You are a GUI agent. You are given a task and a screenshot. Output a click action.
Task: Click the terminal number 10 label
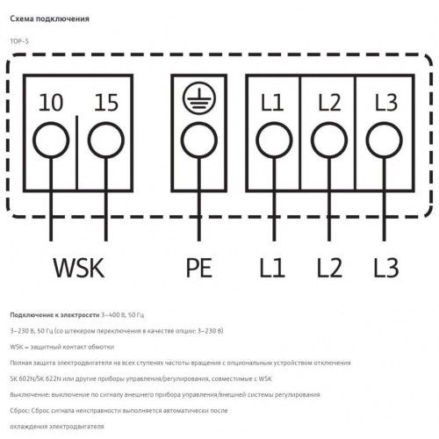pos(51,103)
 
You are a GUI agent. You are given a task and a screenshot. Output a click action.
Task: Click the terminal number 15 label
pos(106,103)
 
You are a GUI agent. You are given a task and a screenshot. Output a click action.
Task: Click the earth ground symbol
pos(199,97)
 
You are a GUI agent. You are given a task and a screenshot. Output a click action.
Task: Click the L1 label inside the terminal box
pos(272,103)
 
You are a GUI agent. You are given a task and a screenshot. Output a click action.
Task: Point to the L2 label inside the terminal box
pos(329,103)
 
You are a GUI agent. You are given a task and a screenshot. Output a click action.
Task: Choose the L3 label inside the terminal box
pos(386,103)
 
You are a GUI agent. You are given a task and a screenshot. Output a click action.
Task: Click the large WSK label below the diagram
pos(79,268)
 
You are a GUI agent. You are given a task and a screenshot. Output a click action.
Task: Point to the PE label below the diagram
pos(199,268)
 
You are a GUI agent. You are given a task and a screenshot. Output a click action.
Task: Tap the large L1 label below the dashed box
pos(272,268)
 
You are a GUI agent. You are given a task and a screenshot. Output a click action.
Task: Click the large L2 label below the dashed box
pos(329,268)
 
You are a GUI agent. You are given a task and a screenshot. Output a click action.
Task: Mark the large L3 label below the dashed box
pos(386,268)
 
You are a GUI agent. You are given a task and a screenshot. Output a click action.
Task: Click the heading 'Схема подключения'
pos(49,19)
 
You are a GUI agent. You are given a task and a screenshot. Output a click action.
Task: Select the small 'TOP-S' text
pos(19,41)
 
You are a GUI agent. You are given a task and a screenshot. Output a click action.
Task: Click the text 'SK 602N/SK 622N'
pos(36,378)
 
